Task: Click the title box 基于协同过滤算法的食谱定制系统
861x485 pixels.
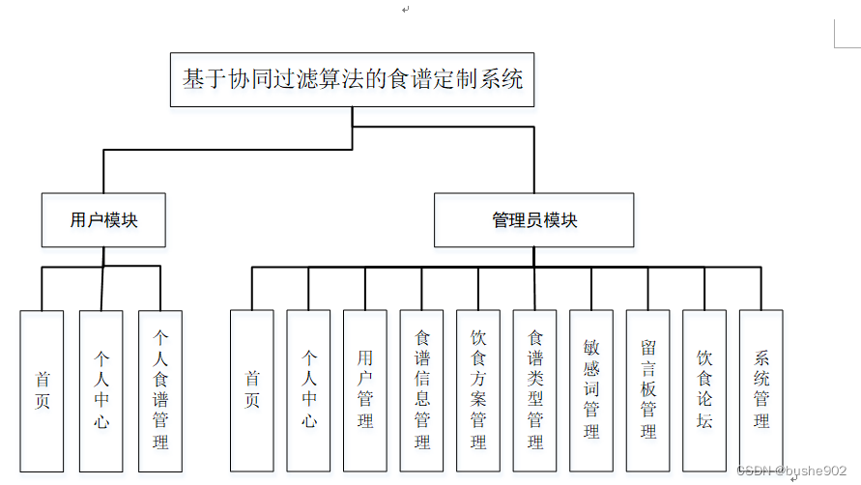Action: tap(353, 79)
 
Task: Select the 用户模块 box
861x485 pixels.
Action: tap(103, 219)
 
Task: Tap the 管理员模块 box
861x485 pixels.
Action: tap(533, 219)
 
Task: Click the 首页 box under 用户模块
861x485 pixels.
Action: tap(43, 390)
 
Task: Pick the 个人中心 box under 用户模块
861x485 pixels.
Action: tap(101, 390)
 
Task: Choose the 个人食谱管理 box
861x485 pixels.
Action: tap(160, 390)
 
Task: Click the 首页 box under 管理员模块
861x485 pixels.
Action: tap(251, 390)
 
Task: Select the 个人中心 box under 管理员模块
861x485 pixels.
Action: tap(308, 390)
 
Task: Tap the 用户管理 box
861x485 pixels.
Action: tap(365, 390)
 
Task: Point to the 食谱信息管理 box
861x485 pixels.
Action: tap(422, 390)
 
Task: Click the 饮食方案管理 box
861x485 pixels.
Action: tap(478, 390)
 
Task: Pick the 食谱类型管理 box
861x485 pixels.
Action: tap(535, 390)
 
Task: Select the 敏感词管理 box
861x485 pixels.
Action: tap(591, 390)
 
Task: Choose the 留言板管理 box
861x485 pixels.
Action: tap(648, 390)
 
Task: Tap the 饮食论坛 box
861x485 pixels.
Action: tap(704, 390)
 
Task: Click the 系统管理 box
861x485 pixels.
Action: tap(761, 390)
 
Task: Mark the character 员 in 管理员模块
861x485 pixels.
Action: tap(533, 220)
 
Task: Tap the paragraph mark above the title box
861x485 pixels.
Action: tap(406, 10)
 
